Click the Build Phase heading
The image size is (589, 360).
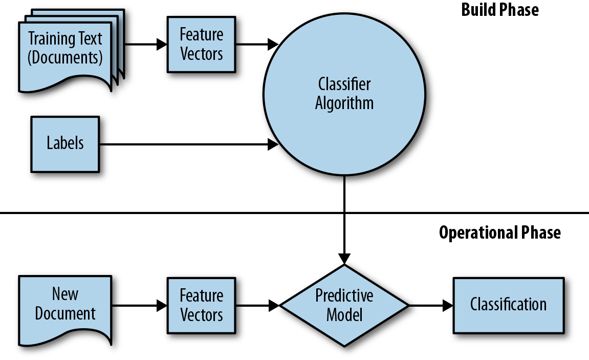coord(499,10)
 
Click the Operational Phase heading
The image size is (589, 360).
coord(499,232)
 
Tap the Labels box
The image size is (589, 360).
coord(65,143)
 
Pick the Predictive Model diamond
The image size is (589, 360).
coord(344,305)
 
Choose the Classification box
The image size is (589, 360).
coord(508,305)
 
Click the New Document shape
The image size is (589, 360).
coord(65,306)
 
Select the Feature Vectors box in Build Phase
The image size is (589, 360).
coord(202,44)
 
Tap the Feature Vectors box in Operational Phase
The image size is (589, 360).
coord(202,305)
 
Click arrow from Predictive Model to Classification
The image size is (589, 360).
coord(430,306)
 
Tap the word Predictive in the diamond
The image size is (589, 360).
coord(344,295)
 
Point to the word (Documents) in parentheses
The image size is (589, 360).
coord(65,57)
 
